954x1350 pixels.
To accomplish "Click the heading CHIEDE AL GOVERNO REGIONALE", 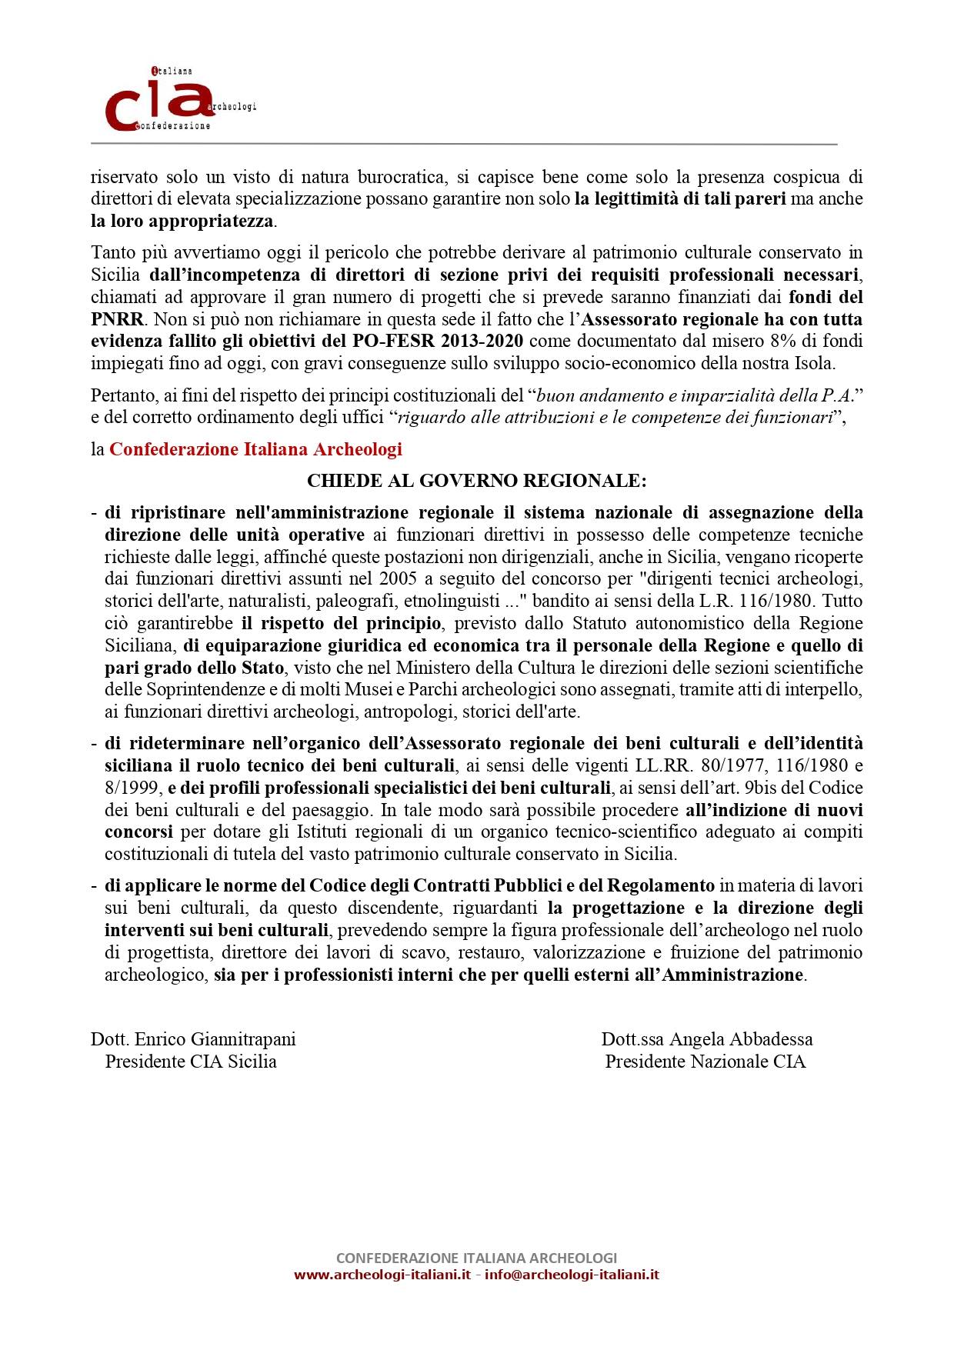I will [x=476, y=481].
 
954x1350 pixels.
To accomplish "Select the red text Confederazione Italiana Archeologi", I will [x=255, y=449].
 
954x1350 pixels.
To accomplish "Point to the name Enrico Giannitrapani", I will [x=215, y=1039].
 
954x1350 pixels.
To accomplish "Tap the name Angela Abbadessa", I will [x=741, y=1039].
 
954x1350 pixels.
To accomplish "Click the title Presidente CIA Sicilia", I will [x=191, y=1062].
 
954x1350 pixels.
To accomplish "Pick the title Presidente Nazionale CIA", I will [x=705, y=1062].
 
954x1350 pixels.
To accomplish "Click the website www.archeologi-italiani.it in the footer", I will [x=382, y=1275].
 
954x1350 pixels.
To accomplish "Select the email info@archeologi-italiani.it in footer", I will [x=572, y=1275].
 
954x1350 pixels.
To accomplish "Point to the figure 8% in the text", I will [x=782, y=342].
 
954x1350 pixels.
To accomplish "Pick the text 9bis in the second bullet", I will [x=751, y=788].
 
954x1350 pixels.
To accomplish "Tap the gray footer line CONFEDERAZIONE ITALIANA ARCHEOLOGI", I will [x=476, y=1258].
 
